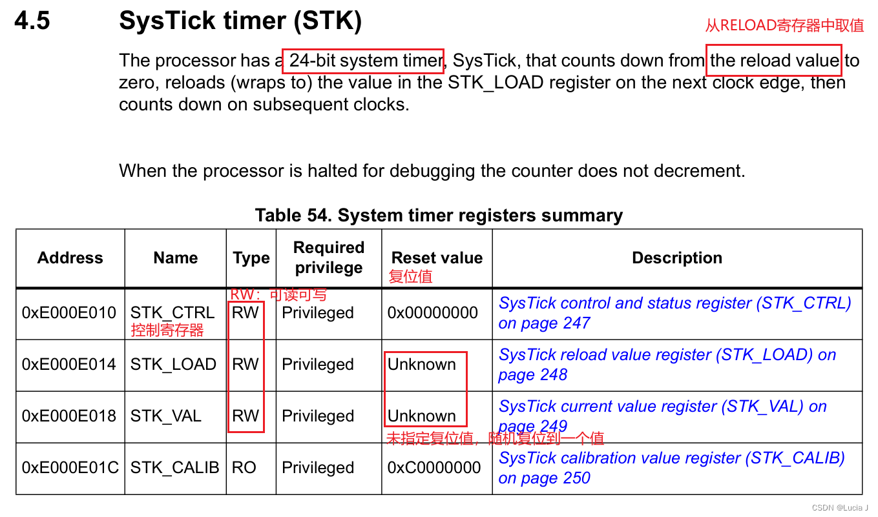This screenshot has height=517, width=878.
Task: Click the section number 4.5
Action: [32, 22]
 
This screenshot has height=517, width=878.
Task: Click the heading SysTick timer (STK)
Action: [240, 22]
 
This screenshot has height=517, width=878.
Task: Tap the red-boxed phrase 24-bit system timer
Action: [363, 61]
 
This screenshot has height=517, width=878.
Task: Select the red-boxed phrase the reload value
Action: [774, 61]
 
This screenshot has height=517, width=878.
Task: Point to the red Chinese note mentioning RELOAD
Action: [784, 25]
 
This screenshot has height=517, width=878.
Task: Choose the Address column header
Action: [70, 258]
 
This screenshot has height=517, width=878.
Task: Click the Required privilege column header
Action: [328, 258]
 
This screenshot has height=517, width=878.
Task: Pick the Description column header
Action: [676, 258]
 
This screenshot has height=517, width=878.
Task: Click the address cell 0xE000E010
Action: [70, 313]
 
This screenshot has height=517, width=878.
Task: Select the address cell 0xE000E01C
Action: [70, 468]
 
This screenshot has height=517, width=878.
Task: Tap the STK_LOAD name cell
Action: [173, 365]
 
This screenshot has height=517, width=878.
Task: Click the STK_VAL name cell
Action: [165, 416]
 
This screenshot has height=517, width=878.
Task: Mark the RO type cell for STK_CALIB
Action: [244, 468]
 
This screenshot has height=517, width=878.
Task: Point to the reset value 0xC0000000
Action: [434, 468]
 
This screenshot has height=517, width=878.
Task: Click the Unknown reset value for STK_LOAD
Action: [422, 365]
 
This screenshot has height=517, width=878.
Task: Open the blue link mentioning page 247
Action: [674, 312]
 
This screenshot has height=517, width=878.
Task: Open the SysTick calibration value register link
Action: [671, 467]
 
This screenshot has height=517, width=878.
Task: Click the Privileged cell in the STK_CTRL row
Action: [318, 313]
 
